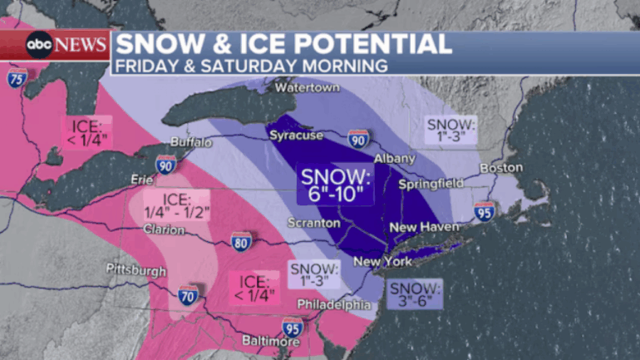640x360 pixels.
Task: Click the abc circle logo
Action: coord(39,45)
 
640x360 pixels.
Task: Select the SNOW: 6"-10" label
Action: coord(336,184)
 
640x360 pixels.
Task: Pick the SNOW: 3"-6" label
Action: coord(414,293)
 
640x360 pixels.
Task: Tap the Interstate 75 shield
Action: coord(16,79)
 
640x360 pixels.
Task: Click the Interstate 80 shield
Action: coord(242,240)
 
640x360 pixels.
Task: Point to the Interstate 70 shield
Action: coord(188,293)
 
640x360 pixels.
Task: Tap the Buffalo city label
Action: coord(191,141)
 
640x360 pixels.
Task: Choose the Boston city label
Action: coord(501,167)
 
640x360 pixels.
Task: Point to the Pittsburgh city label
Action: coord(136,270)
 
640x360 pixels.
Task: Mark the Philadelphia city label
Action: coord(334,304)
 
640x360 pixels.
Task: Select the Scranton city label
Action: coord(313,223)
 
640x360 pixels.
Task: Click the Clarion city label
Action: coord(164,229)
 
